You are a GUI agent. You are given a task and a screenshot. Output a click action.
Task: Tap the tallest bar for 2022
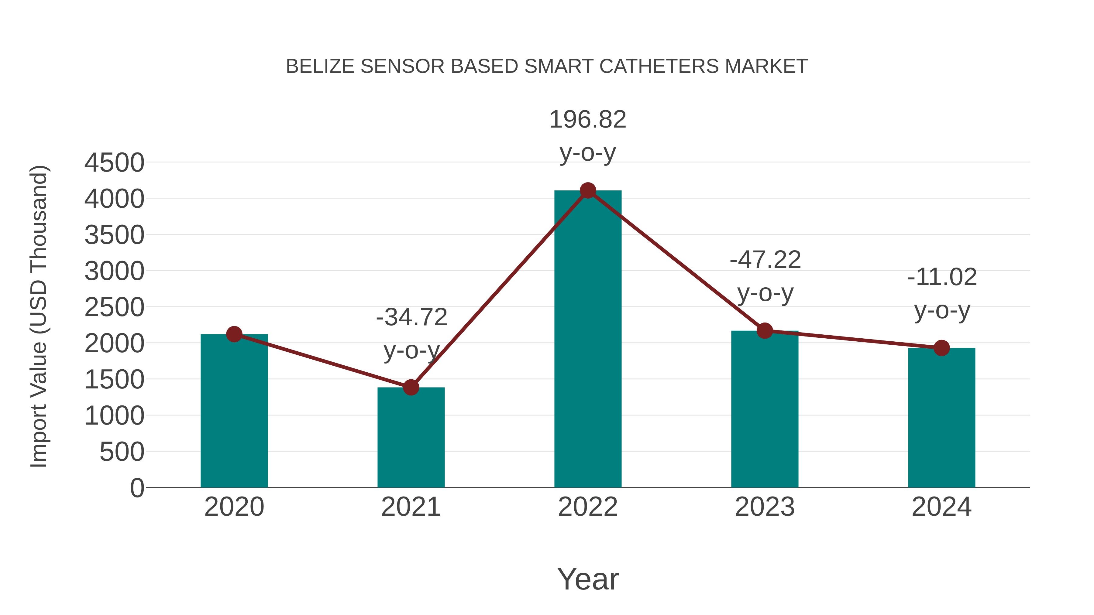(587, 340)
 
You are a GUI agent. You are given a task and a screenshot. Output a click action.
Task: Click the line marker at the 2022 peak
(588, 190)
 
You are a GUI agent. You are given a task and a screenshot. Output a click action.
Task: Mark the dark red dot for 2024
(941, 348)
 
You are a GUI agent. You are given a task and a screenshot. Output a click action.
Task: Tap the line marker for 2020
(234, 334)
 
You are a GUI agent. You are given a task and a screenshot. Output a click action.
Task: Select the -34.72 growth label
(411, 317)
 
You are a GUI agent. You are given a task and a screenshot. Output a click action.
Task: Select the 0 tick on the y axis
(137, 488)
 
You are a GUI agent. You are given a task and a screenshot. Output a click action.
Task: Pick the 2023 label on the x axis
(765, 507)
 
